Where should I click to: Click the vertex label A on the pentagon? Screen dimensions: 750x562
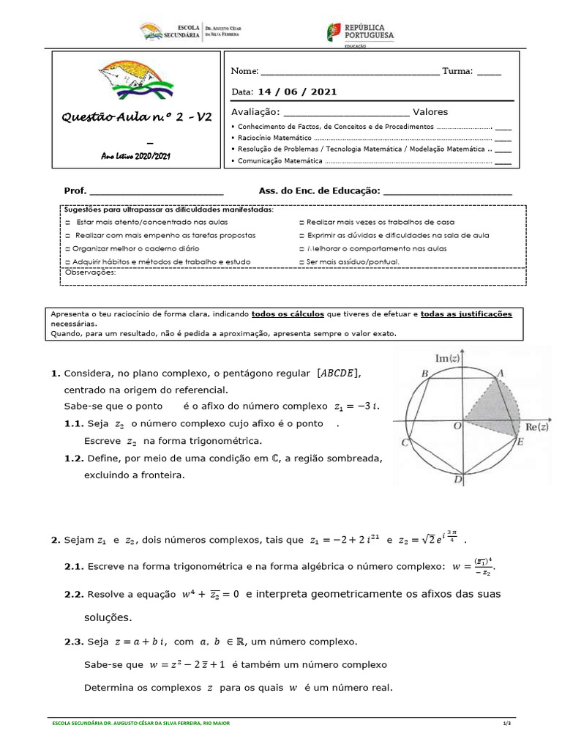501,374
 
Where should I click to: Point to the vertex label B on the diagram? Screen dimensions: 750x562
424,374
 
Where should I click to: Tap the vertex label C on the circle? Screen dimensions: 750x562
404,443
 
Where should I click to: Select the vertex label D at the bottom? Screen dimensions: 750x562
457,480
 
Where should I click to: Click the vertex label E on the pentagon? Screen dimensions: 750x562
520,442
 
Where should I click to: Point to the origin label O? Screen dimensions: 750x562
457,425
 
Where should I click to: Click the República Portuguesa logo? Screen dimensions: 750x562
360,33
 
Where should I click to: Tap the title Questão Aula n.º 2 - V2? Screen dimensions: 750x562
137,116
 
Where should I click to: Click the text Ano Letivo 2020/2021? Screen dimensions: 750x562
135,156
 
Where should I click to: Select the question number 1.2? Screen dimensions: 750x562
75,458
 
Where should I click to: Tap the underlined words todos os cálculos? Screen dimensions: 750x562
288,313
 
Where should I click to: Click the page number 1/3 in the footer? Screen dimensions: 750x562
506,723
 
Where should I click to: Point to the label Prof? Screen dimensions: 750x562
75,190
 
